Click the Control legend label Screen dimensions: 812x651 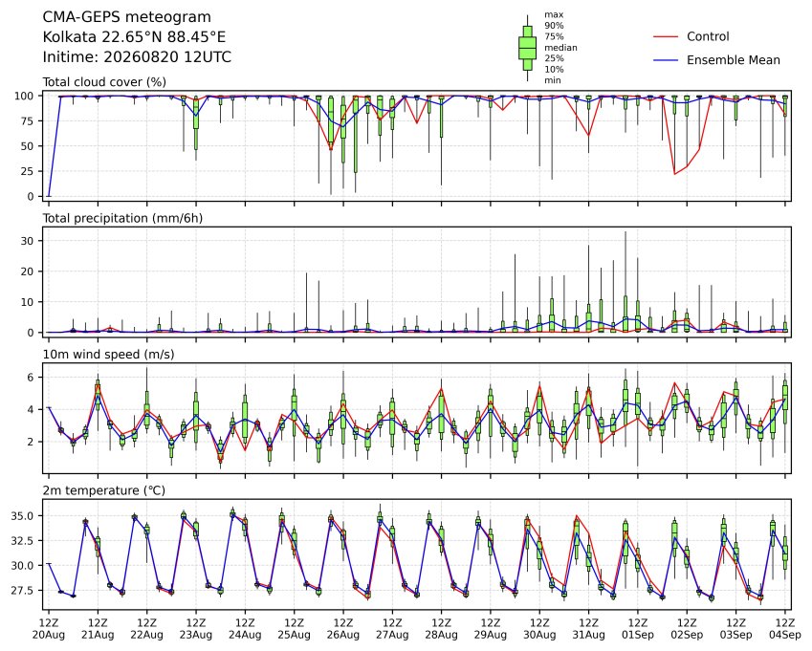point(708,36)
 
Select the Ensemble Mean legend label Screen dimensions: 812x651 point(734,60)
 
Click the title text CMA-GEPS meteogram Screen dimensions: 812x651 point(127,17)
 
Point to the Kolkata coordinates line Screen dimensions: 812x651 point(134,37)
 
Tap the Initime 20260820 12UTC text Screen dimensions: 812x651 point(137,57)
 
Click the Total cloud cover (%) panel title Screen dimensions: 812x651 point(104,82)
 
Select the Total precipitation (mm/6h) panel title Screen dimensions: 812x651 point(122,218)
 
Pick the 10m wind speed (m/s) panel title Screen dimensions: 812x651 point(108,355)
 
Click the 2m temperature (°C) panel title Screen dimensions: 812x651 point(103,490)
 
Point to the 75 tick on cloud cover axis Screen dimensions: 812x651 point(28,121)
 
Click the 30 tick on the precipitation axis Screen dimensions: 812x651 point(28,241)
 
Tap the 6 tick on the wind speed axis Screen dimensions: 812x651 point(31,378)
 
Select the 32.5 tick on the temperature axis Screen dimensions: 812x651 point(23,541)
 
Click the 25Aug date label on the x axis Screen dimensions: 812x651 point(295,635)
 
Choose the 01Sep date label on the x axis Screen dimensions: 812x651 point(638,635)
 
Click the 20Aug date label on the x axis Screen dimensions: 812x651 point(49,635)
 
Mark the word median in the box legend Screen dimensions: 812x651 point(560,48)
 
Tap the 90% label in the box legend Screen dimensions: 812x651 point(554,26)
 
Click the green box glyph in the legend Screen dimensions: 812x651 point(528,48)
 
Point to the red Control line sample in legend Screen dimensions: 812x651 point(666,36)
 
